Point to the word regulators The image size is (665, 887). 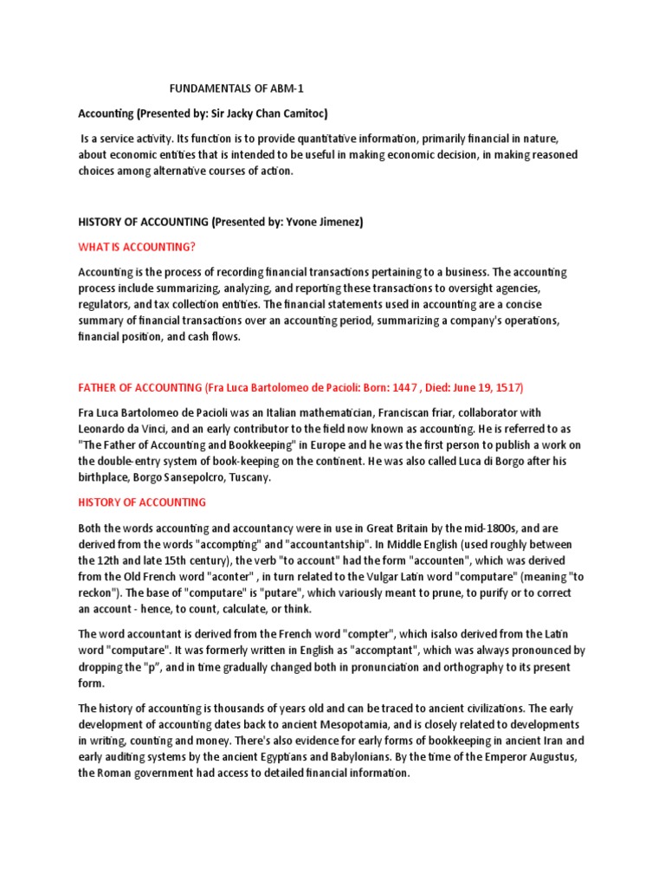pos(108,304)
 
